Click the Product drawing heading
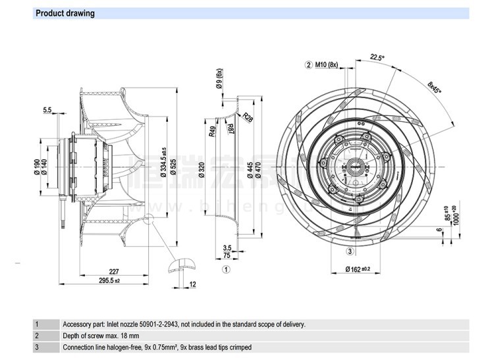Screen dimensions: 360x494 coord(65,13)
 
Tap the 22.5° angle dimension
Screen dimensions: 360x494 coord(377,57)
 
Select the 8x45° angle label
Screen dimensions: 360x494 coord(435,88)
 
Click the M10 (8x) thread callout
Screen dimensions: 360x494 coord(326,64)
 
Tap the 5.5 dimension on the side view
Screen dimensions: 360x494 coord(48,110)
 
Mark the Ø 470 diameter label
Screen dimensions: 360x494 coord(259,170)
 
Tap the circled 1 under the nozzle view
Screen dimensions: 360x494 coord(225,269)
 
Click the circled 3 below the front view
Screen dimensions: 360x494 coord(350,251)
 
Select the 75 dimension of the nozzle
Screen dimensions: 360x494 coord(226,255)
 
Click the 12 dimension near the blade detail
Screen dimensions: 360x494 coord(192,284)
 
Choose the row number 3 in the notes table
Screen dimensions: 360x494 coord(37,347)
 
